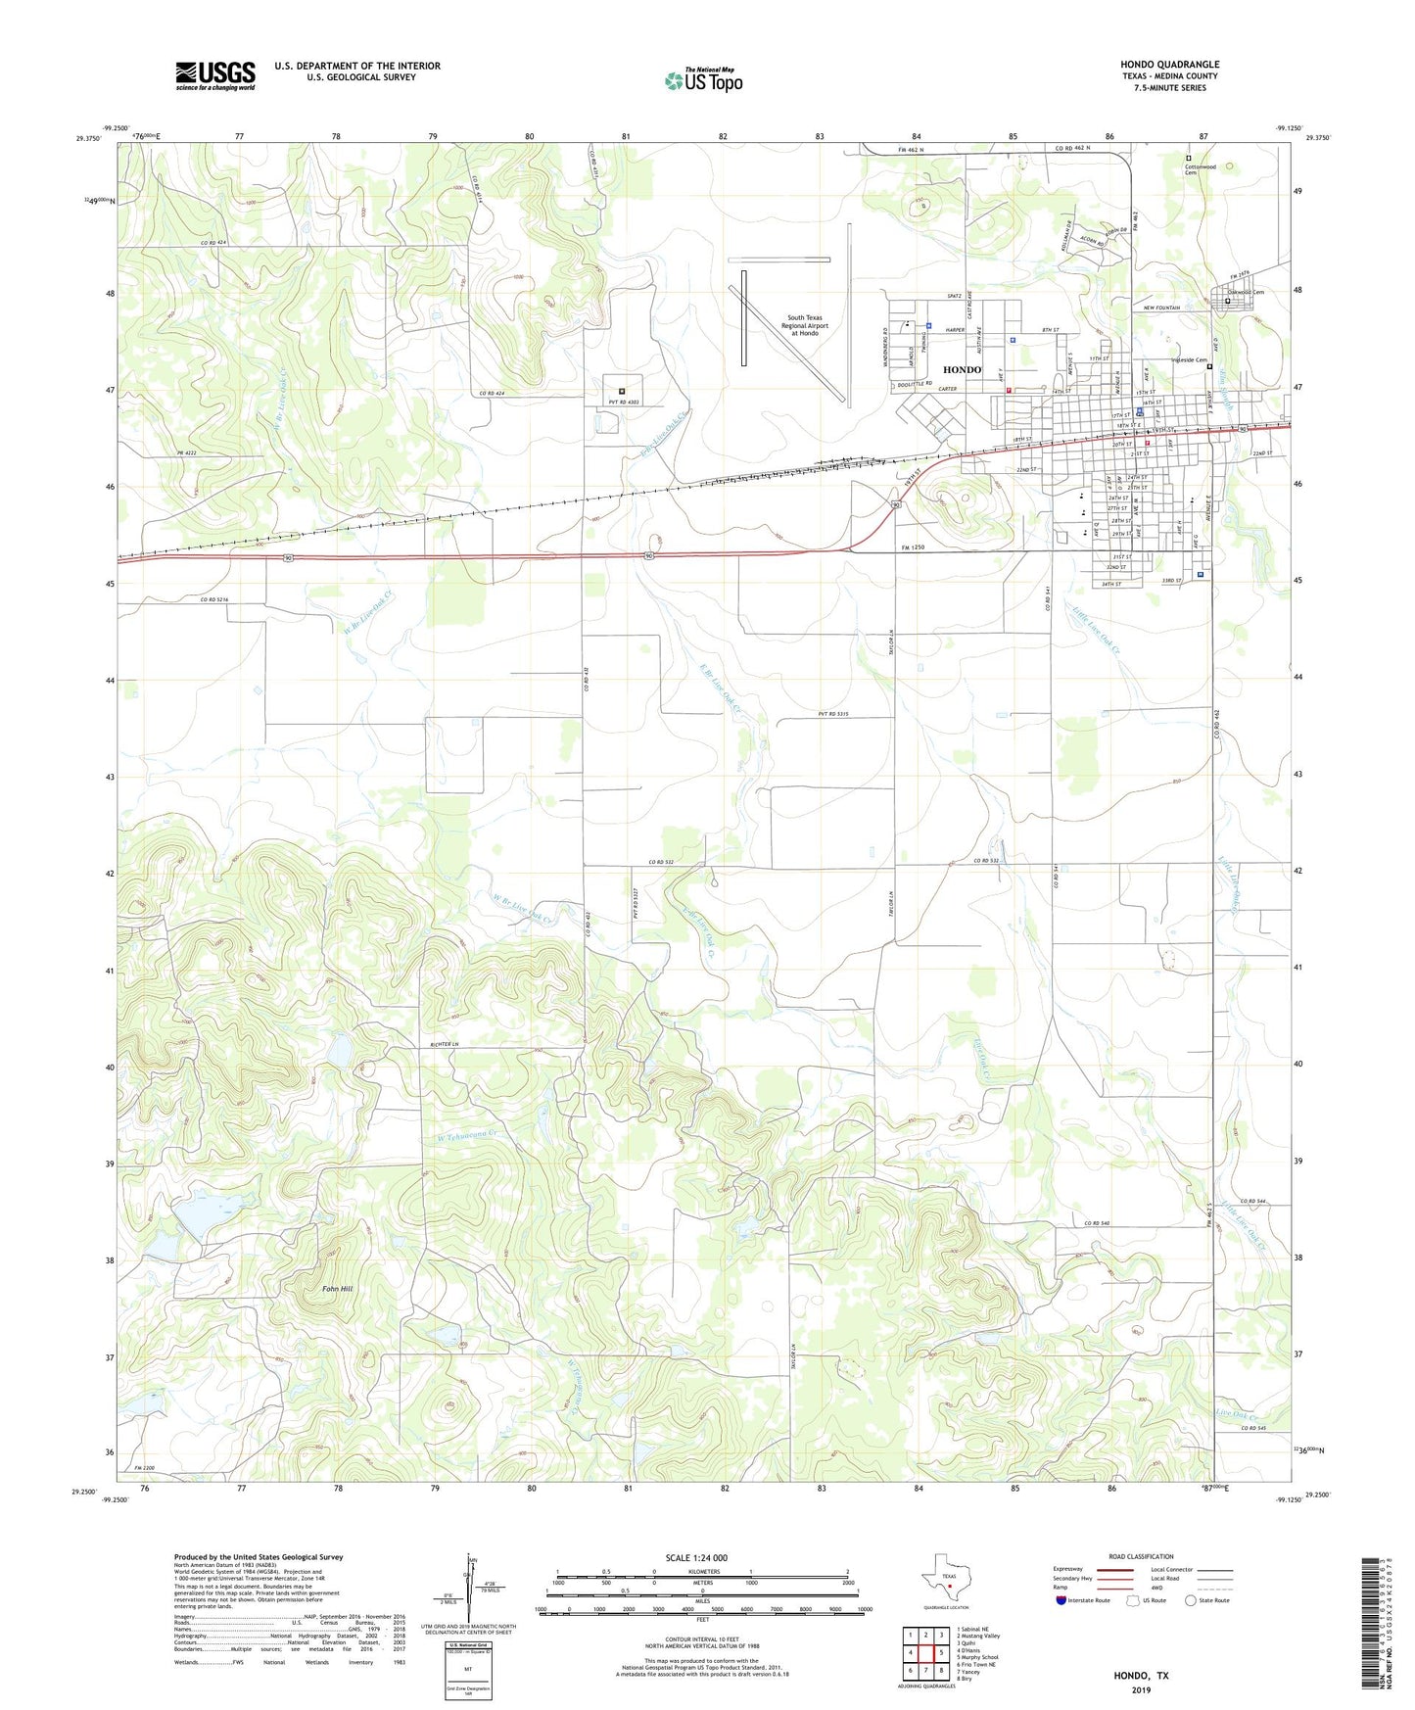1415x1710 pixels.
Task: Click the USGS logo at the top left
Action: (x=215, y=75)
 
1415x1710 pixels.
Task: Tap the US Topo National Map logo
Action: (x=703, y=80)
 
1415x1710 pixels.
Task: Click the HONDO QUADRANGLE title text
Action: (x=1169, y=65)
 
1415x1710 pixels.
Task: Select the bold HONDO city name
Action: (x=962, y=369)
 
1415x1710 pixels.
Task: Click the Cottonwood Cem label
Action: (x=1200, y=168)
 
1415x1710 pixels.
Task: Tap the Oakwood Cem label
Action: (x=1246, y=292)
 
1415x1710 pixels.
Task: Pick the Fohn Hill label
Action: (x=337, y=1289)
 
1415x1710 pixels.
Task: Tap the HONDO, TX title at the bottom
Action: (x=1141, y=1676)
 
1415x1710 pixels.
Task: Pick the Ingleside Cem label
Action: (x=1189, y=360)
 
